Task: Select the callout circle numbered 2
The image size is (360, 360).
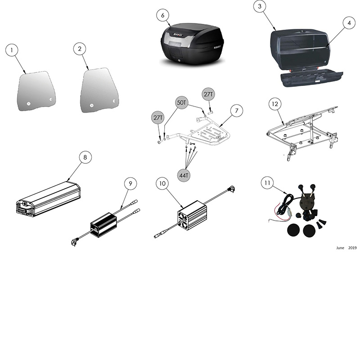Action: (80, 50)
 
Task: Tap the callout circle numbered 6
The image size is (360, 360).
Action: (163, 15)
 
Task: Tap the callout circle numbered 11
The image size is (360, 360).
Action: (267, 183)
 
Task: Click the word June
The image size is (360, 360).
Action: (340, 248)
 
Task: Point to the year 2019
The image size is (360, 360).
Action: (352, 248)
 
